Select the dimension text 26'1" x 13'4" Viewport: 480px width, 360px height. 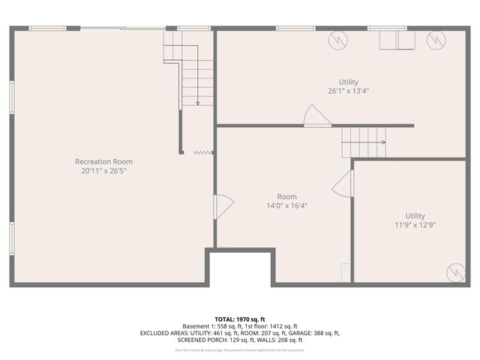pos(348,91)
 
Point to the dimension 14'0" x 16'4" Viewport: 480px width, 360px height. pos(286,205)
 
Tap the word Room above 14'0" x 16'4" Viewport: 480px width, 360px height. pos(286,196)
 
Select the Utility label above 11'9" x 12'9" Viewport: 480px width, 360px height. pos(415,215)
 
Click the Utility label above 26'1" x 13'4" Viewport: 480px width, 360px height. pos(348,82)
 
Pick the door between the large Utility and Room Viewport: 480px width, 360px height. pos(315,116)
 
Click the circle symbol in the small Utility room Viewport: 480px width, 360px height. pos(455,273)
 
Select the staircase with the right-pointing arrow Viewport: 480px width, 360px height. pos(363,142)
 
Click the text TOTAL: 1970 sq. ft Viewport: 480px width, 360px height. pos(239,319)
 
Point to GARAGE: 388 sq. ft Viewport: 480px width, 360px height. pos(316,333)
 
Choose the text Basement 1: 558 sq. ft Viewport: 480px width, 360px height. pos(207,326)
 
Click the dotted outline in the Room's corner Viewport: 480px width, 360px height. pos(345,271)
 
